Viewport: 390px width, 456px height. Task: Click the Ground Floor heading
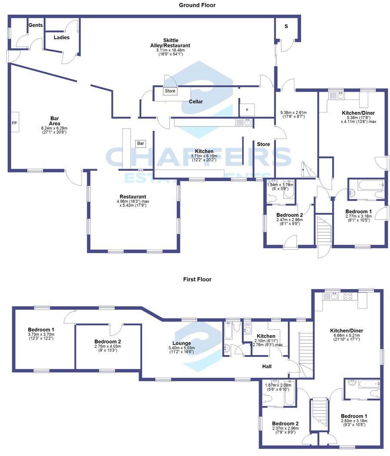(x=197, y=5)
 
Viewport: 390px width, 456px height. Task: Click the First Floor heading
(x=197, y=280)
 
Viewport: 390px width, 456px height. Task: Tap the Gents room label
(x=36, y=25)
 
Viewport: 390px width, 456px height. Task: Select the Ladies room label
(x=61, y=37)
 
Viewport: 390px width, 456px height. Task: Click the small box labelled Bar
(x=140, y=143)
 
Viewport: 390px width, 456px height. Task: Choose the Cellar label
(x=196, y=102)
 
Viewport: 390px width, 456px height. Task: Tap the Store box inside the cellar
(x=170, y=91)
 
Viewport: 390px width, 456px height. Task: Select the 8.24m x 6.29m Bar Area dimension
(x=54, y=128)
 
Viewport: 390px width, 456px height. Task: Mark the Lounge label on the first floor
(x=181, y=343)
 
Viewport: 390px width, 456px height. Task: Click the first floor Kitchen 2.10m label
(x=266, y=336)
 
